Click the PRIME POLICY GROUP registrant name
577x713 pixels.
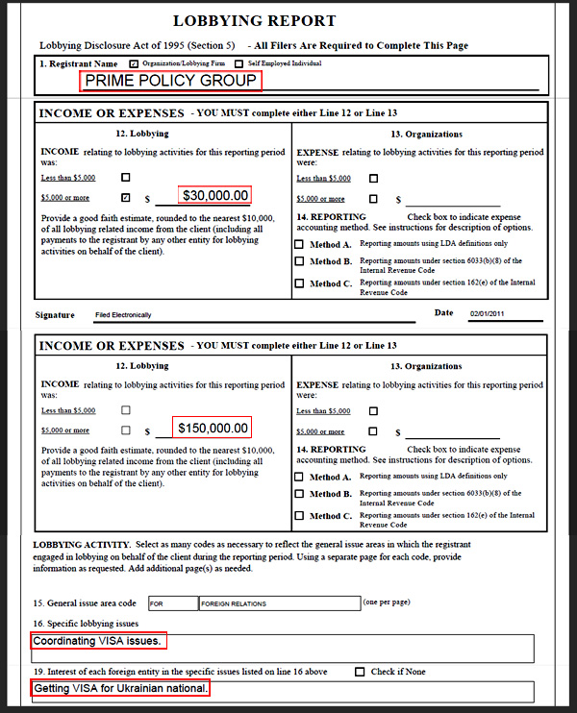coord(171,81)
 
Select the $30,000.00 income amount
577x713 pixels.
coord(215,196)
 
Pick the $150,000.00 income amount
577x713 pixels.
coord(213,429)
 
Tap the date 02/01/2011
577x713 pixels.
coord(489,314)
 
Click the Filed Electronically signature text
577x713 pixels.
coord(123,315)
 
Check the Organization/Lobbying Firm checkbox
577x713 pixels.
coord(134,63)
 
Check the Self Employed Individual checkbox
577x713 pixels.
coord(238,63)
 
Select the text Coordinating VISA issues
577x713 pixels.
coord(97,641)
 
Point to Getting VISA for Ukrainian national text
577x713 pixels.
coord(120,689)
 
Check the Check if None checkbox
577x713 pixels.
coord(361,672)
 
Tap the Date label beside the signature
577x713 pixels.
coord(443,312)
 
